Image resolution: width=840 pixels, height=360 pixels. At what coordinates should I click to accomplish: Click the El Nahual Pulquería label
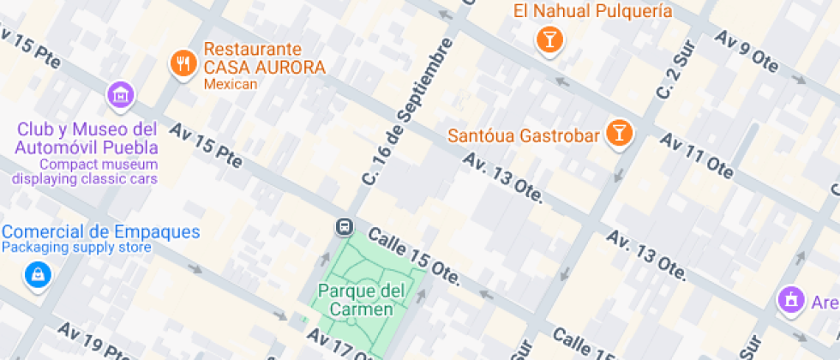point(592,11)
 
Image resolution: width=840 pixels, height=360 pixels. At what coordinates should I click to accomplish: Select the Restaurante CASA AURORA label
point(264,58)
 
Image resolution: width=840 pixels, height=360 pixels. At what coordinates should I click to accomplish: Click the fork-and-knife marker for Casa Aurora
point(183,62)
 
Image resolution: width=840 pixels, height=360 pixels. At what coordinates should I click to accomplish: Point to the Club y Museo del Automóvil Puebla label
point(86,138)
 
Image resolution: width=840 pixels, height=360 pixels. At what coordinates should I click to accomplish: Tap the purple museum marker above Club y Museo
point(120,94)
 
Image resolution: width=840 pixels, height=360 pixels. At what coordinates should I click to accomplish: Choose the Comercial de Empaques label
point(100,231)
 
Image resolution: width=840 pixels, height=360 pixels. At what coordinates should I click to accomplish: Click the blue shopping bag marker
point(37,274)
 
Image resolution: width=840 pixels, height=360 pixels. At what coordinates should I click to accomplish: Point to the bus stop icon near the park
point(344,226)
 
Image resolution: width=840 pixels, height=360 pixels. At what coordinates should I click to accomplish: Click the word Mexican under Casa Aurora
point(230,84)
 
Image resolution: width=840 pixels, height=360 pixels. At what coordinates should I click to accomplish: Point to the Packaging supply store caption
point(76,248)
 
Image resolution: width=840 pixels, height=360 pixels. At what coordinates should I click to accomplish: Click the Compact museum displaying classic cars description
point(86,171)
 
